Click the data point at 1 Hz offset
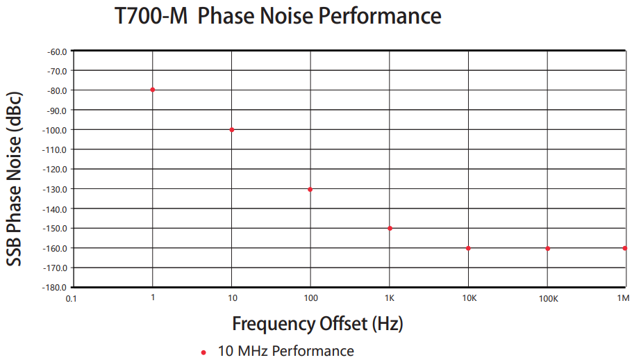tap(152, 90)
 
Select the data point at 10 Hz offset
tap(231, 130)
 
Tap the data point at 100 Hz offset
tap(310, 189)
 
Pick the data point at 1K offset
tap(390, 229)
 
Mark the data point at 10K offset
tap(468, 248)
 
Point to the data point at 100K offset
tap(547, 248)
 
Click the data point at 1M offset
tap(625, 248)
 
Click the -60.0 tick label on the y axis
tap(57, 51)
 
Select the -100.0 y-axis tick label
tap(56, 130)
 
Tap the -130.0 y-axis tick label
tap(56, 189)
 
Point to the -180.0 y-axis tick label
tap(56, 288)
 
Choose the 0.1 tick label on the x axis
tap(71, 299)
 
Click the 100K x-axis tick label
tap(548, 299)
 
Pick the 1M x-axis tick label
tap(623, 299)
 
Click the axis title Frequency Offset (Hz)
tap(317, 324)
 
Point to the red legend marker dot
tap(203, 352)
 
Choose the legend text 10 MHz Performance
tap(285, 351)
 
